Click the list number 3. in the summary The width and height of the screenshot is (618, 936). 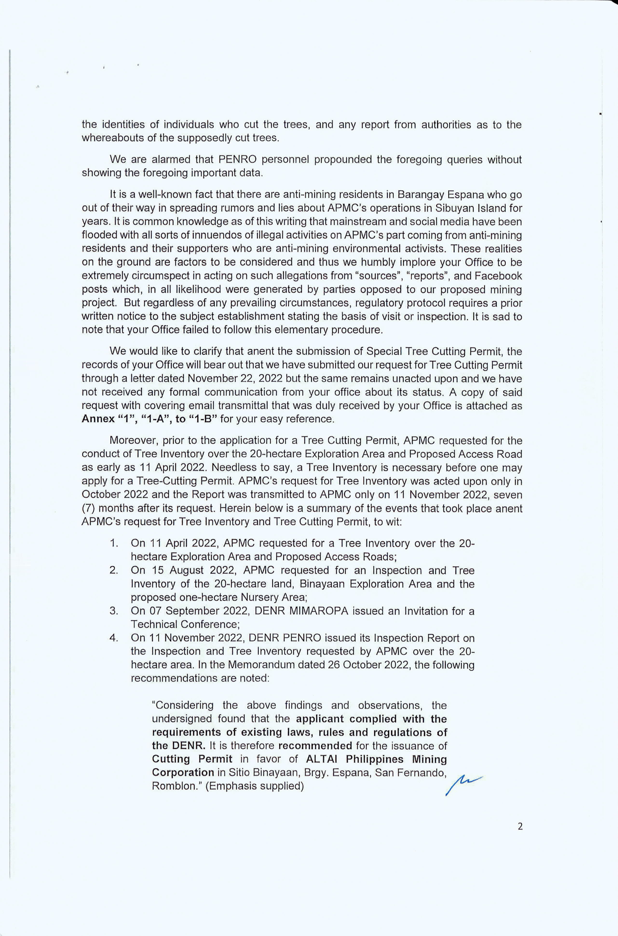114,611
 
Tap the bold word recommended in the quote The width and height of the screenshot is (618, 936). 315,746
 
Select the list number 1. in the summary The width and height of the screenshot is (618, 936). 114,543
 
